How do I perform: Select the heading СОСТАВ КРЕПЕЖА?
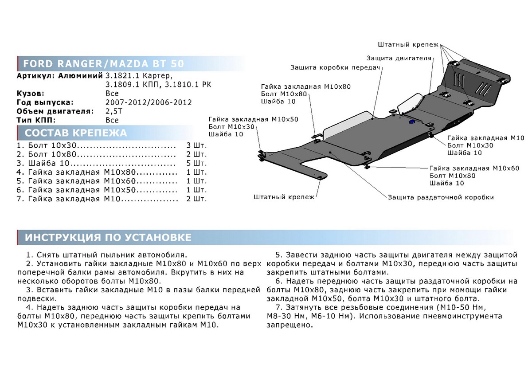pyautogui.click(x=75, y=133)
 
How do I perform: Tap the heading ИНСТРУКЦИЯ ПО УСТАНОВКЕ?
pyautogui.click(x=108, y=238)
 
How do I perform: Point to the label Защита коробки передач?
pyautogui.click(x=336, y=67)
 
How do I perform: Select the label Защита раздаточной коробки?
pyautogui.click(x=441, y=197)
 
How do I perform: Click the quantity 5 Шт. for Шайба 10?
pyautogui.click(x=197, y=163)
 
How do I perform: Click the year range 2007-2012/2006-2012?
pyautogui.click(x=148, y=102)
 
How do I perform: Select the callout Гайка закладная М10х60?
pyautogui.click(x=474, y=168)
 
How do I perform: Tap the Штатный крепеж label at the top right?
pyautogui.click(x=408, y=45)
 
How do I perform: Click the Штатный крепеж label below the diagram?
pyautogui.click(x=284, y=197)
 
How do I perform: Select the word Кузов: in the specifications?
pyautogui.click(x=31, y=94)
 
